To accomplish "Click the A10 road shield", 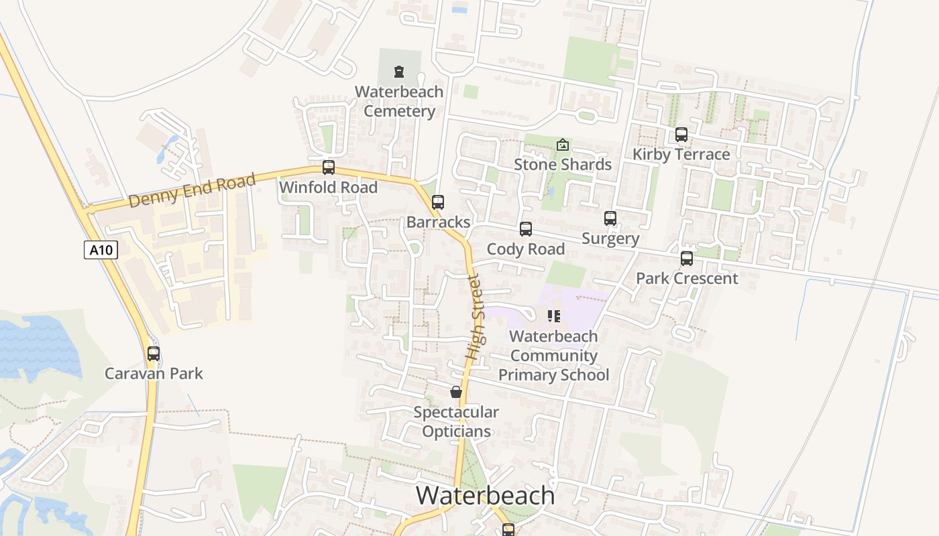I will (101, 250).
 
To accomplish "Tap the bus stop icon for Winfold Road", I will (328, 167).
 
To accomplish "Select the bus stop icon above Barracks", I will (438, 202).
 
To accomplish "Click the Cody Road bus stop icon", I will (526, 229).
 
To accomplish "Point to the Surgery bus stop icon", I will (610, 218).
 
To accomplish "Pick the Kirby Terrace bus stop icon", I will (681, 135).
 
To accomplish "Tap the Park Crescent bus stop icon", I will (687, 259).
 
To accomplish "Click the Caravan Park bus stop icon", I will (154, 354).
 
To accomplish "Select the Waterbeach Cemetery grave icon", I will (399, 71).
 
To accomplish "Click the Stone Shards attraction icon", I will (563, 145).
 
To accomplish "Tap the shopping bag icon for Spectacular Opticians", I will (456, 392).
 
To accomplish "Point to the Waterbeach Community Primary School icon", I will (553, 316).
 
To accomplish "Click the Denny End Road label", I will (192, 190).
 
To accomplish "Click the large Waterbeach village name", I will (486, 496).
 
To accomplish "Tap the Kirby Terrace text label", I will (681, 155).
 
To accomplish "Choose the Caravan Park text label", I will (154, 374).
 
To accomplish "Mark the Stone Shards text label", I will (563, 165).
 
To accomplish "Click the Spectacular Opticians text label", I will (456, 421).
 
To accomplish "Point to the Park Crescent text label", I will (687, 279).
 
